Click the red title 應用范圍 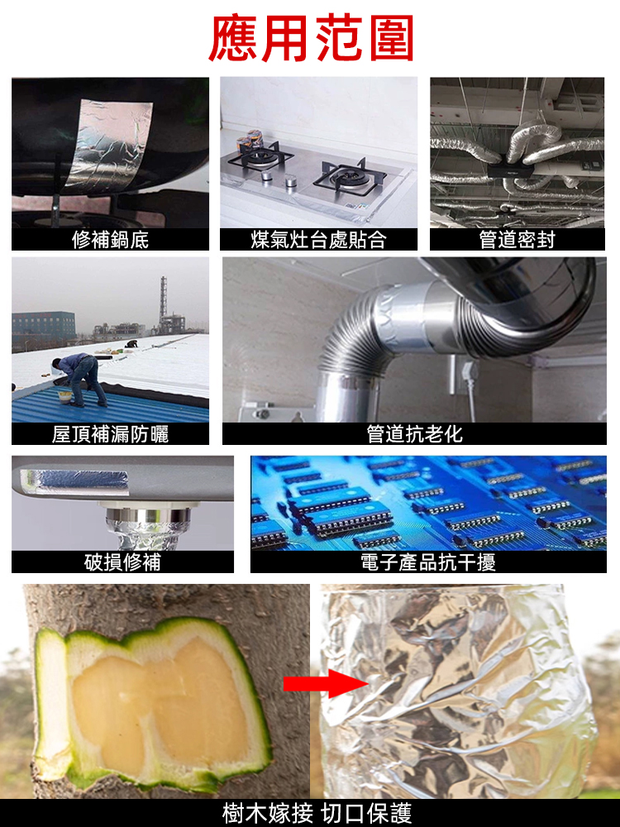coord(310,37)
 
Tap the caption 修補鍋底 coord(110,240)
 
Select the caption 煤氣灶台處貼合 coord(318,240)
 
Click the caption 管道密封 coord(517,240)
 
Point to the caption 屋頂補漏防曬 coord(110,434)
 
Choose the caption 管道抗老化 coord(414,434)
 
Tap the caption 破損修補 coord(122,562)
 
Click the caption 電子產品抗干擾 coord(428,562)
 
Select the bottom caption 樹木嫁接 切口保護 coord(317,813)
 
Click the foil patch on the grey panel coord(74,477)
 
